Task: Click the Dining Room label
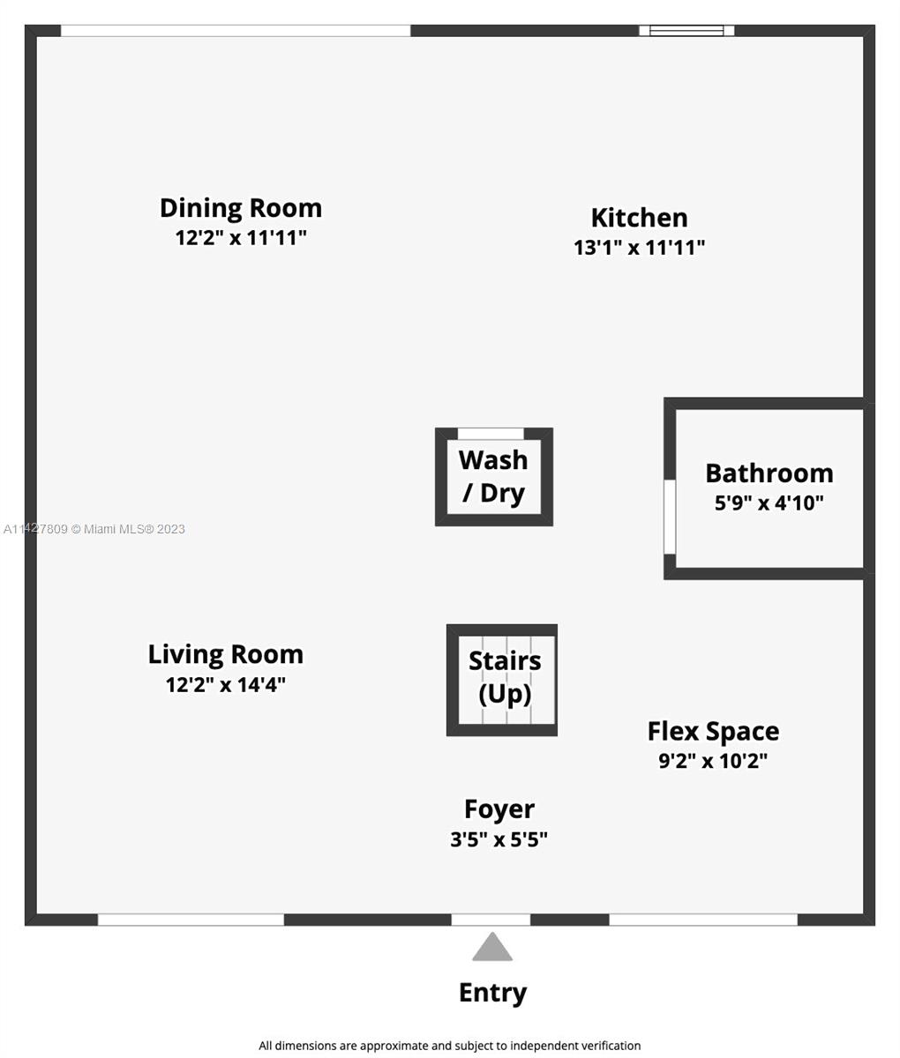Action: (241, 208)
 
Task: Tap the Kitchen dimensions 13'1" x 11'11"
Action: (639, 248)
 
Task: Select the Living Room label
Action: (226, 654)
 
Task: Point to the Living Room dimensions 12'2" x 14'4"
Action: (225, 685)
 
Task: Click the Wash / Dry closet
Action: (494, 476)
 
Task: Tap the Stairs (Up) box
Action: (502, 680)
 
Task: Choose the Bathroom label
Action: (769, 473)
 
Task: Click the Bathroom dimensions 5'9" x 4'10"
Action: (769, 503)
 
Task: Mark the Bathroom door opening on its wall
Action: (670, 517)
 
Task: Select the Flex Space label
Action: (713, 731)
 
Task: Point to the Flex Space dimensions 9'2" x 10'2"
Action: (713, 761)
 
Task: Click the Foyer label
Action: (499, 809)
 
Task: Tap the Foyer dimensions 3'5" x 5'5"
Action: (499, 840)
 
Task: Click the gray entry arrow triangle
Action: (492, 947)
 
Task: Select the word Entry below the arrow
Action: (492, 994)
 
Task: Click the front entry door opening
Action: (491, 920)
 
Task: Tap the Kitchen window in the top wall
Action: (686, 30)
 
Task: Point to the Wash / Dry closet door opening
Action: (491, 434)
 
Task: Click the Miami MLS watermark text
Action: (94, 529)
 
